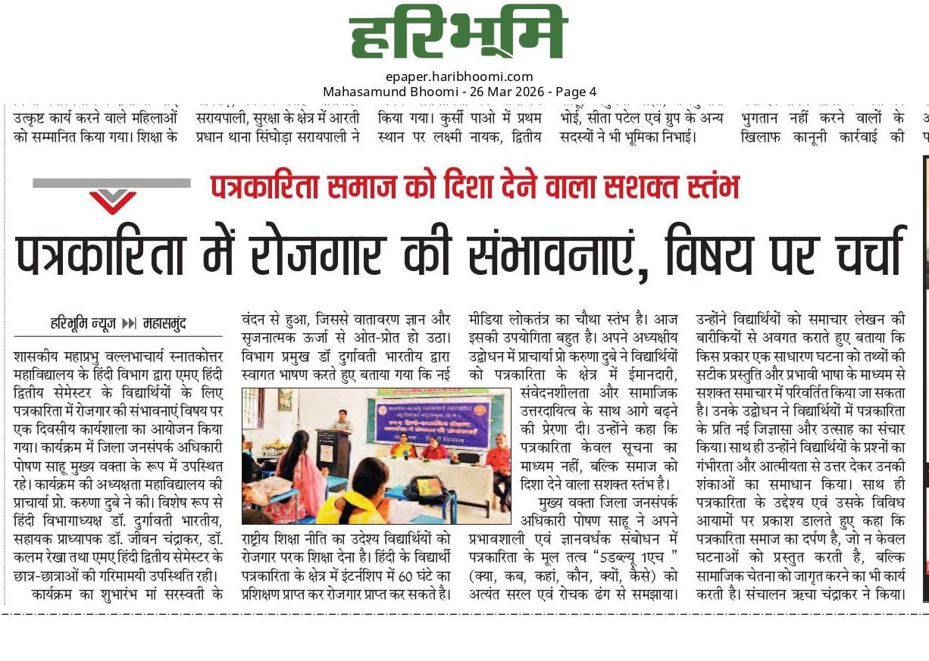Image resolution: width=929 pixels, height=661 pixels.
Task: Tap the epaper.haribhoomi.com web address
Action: pos(459,76)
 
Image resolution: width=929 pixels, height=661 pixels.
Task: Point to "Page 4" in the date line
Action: pos(577,92)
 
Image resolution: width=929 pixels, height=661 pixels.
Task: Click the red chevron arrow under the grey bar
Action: pos(113,201)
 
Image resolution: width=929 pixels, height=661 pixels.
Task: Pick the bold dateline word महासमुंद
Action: pos(164,324)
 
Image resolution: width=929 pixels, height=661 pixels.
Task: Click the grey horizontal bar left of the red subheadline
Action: pos(111,182)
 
